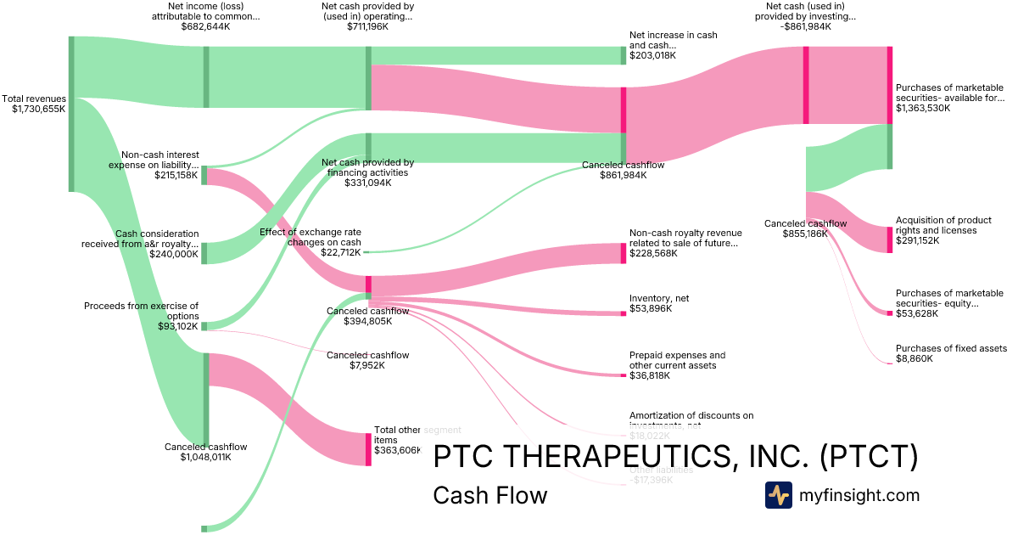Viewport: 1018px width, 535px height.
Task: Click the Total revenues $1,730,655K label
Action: click(34, 104)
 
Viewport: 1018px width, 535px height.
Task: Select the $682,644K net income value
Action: click(205, 26)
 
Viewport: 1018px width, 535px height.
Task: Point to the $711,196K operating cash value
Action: click(367, 26)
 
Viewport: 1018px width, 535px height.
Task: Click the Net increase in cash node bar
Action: click(623, 55)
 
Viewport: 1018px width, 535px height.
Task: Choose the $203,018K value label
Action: click(652, 55)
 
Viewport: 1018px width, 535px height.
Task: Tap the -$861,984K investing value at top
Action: click(805, 26)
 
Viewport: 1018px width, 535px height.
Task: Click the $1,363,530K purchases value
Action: click(926, 108)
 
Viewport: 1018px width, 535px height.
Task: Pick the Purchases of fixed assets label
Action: click(951, 348)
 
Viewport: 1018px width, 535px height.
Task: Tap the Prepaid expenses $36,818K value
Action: click(650, 375)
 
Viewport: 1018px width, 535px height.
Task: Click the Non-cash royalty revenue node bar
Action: click(623, 253)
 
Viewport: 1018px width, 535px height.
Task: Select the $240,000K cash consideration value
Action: click(174, 254)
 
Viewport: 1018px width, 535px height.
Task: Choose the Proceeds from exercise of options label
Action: click(141, 311)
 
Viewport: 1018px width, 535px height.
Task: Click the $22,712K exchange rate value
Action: click(340, 252)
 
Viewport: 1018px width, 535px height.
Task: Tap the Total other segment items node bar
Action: click(368, 448)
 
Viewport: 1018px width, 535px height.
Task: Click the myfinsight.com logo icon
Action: click(778, 495)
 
